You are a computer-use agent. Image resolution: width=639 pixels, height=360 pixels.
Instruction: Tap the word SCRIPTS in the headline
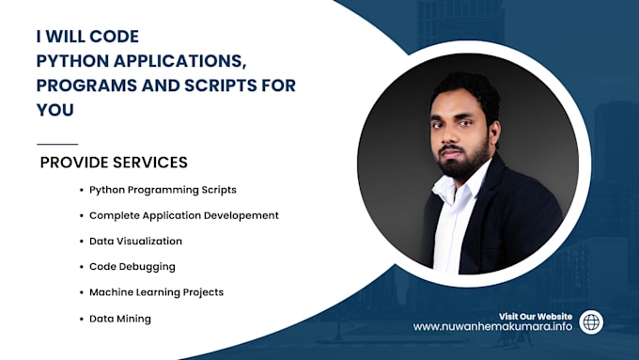(x=226, y=86)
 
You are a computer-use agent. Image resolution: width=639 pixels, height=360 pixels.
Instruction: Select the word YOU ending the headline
(x=55, y=110)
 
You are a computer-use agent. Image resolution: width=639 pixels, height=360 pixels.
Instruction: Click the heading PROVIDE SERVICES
(x=114, y=163)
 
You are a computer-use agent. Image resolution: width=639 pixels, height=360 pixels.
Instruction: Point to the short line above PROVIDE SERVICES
(x=56, y=144)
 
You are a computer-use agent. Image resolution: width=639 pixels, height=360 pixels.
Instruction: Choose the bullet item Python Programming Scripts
(x=163, y=189)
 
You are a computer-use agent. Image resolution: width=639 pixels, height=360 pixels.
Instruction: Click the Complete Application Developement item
(x=183, y=215)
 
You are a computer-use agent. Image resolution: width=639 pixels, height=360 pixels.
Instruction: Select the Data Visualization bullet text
(x=135, y=242)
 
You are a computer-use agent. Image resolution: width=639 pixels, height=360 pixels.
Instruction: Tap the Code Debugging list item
(x=132, y=267)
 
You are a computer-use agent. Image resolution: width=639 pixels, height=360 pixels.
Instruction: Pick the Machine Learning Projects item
(x=156, y=292)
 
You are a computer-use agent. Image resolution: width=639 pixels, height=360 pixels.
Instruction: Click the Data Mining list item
(x=119, y=319)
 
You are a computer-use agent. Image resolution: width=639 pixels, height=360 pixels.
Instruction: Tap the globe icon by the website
(x=591, y=321)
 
